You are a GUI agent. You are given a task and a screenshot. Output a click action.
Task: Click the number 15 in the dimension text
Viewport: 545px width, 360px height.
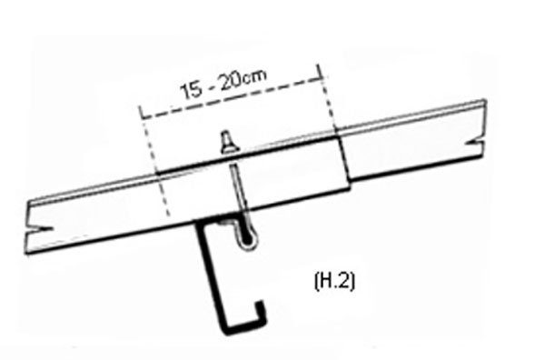191,90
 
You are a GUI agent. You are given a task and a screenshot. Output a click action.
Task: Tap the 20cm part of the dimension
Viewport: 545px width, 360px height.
243,79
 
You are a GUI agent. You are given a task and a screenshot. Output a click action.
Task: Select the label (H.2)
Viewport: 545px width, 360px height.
334,281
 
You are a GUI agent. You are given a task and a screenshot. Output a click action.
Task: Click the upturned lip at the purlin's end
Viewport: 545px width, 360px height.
261,311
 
